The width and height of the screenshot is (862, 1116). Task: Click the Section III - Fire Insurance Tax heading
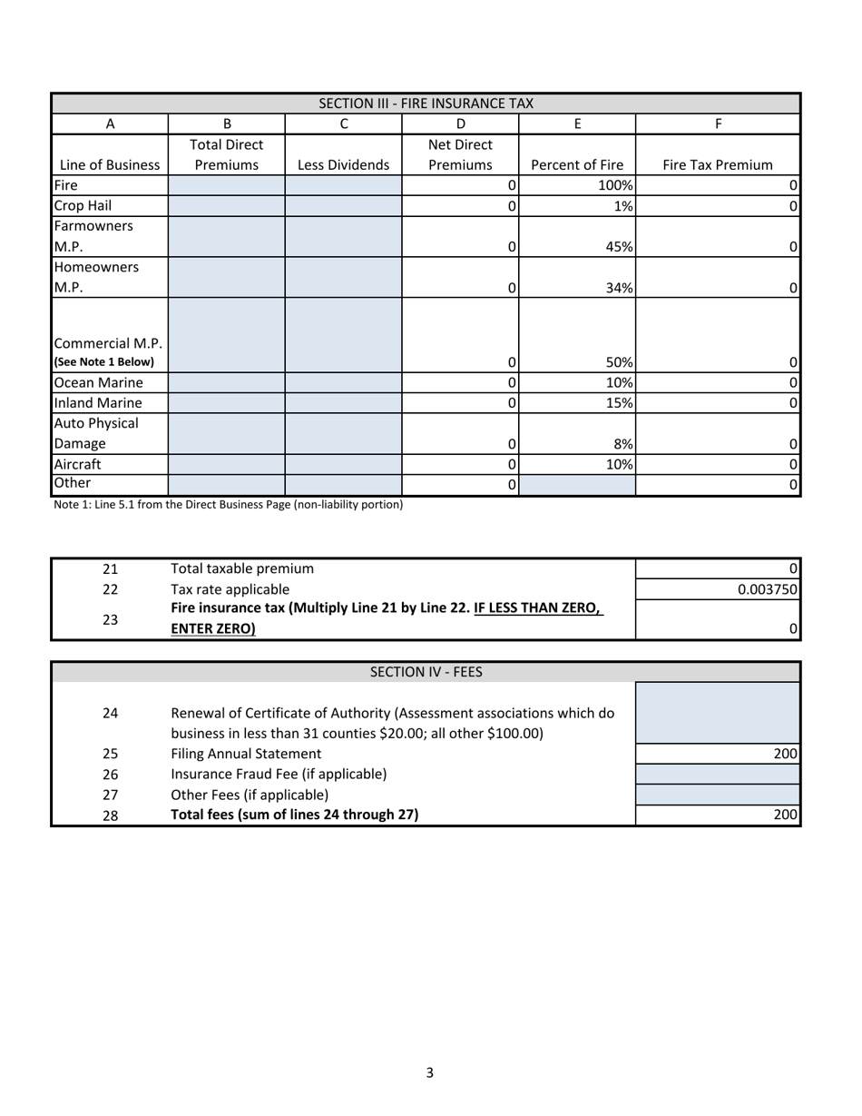coord(426,104)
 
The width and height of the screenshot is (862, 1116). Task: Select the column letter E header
coord(577,123)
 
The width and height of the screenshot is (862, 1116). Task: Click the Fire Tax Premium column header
coord(717,165)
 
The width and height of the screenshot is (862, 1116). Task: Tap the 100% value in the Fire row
coord(614,185)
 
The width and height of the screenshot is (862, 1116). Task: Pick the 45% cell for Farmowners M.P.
coord(619,246)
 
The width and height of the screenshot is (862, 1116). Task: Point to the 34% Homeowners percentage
coord(619,288)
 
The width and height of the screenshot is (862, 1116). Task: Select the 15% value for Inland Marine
coord(619,402)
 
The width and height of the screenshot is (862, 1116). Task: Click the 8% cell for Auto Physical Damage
coord(622,444)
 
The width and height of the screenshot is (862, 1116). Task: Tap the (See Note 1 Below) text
coord(103,361)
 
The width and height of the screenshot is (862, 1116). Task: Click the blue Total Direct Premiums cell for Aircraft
coord(227,464)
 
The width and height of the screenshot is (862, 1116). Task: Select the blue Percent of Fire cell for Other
coord(577,485)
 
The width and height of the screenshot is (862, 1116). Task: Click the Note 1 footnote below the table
coord(228,504)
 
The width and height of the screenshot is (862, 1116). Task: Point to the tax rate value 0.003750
coord(767,589)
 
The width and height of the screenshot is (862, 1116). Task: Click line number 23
coord(110,619)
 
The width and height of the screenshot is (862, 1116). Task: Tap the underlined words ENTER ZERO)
coord(213,628)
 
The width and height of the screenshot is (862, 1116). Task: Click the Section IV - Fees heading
coord(426,672)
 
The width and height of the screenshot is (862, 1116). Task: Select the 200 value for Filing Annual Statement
coord(785,754)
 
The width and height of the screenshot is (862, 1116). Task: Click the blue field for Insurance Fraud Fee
coord(717,774)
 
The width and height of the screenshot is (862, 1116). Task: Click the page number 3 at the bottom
coord(430,1072)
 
